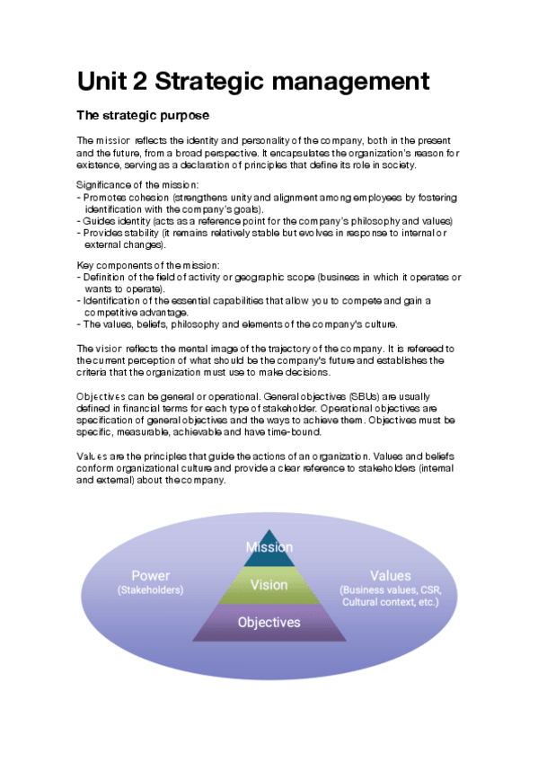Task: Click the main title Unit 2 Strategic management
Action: click(x=252, y=82)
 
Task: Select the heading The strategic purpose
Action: click(x=143, y=116)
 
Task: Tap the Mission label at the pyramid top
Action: click(x=269, y=547)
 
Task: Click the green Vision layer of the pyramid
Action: click(x=269, y=585)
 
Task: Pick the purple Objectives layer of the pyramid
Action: click(x=269, y=623)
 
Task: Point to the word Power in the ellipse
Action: click(x=150, y=576)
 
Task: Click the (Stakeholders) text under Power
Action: click(x=150, y=590)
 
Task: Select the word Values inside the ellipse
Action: click(x=390, y=576)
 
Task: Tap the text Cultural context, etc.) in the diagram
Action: click(x=390, y=602)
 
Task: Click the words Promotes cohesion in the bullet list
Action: click(x=119, y=197)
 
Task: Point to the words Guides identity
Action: click(x=111, y=220)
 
